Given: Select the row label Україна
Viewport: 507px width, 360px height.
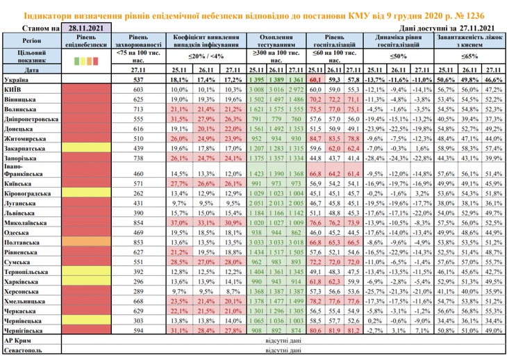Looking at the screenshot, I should pos(17,81).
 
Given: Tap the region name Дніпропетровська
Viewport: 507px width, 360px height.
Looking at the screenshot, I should pos(31,118).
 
